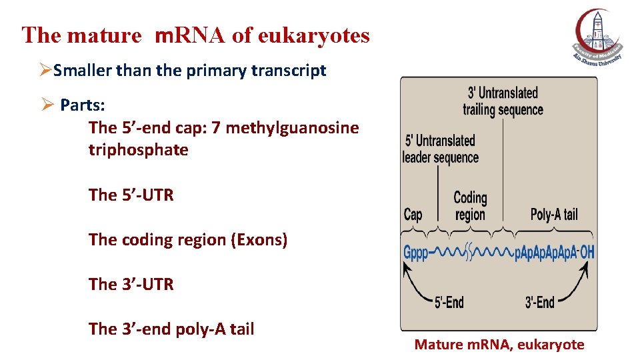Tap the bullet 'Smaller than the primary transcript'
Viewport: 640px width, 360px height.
click(189, 71)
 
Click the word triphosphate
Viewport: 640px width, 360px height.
click(138, 150)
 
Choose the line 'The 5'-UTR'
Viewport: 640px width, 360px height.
click(131, 195)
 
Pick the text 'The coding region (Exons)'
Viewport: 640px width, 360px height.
click(188, 240)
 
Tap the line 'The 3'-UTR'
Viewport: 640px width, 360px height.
click(131, 285)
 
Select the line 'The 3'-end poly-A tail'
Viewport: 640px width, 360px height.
click(171, 329)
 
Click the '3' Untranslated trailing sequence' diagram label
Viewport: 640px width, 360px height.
click(503, 101)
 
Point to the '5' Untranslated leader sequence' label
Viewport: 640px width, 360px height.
click(441, 149)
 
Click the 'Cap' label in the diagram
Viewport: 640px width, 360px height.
click(413, 215)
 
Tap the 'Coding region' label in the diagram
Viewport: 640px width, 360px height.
click(470, 206)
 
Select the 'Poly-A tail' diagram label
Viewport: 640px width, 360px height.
click(554, 215)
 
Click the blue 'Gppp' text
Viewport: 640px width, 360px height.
click(416, 253)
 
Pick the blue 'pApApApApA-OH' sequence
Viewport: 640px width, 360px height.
click(555, 253)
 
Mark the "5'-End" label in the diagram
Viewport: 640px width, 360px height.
click(449, 302)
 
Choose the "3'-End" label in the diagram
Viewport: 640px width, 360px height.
click(539, 302)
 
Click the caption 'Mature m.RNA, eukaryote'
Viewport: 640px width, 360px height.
click(499, 345)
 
